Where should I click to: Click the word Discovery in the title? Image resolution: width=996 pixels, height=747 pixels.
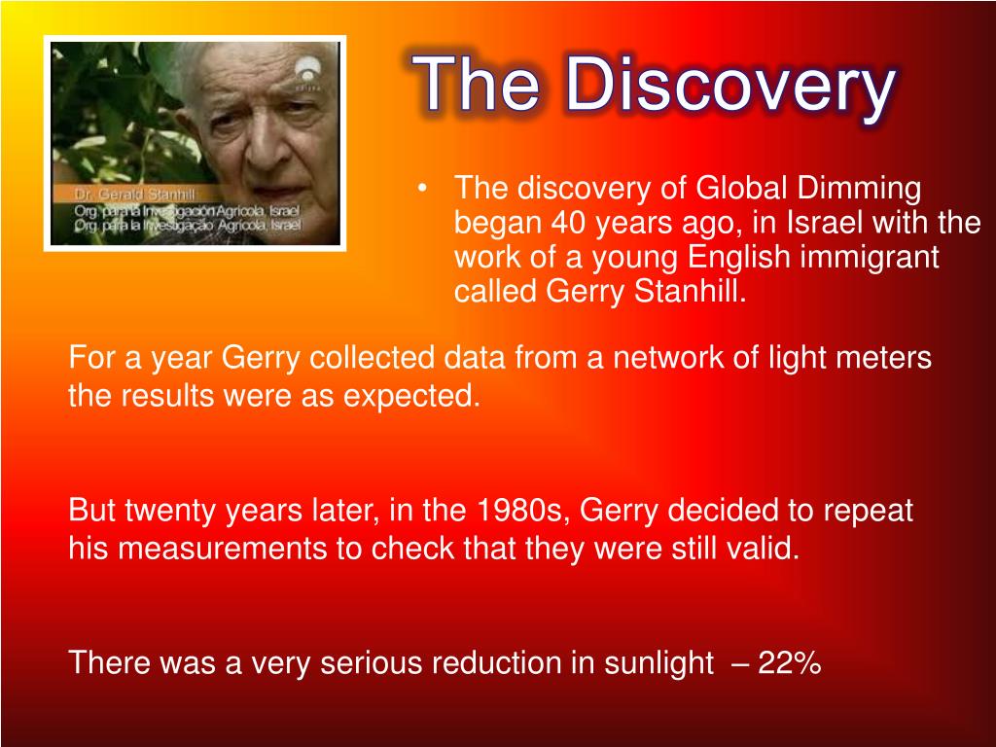[x=730, y=87]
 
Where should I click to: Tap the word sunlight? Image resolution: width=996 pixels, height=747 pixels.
[x=658, y=664]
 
